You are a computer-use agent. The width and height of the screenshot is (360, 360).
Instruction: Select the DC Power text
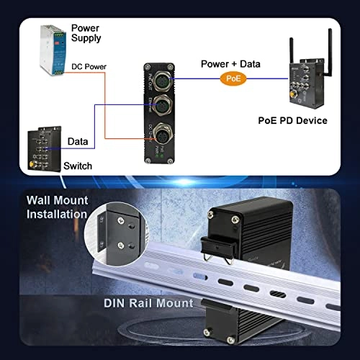(x=90, y=67)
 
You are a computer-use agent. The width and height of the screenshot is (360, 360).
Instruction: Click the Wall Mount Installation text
(x=58, y=207)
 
